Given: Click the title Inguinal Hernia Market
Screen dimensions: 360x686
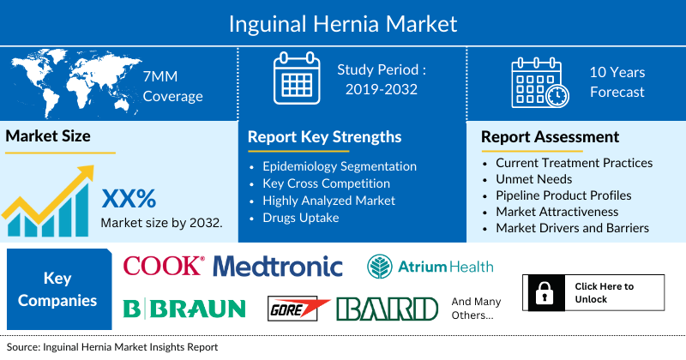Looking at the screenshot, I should tap(343, 22).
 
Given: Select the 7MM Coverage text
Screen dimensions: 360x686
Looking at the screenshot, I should tap(172, 86).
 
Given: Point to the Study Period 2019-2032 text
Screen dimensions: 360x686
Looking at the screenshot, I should tap(382, 79).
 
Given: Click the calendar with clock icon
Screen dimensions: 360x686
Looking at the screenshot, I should tap(539, 82).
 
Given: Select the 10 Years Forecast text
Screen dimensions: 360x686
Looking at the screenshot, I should tap(617, 82).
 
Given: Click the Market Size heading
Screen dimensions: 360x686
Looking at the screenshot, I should tap(48, 136).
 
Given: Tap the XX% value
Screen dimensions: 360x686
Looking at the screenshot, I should tap(129, 199).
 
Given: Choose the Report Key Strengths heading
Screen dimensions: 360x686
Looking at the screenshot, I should tap(324, 137).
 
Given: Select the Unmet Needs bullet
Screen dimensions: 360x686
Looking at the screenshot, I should tap(533, 178).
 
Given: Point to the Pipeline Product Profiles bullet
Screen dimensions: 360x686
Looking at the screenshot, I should tap(563, 195).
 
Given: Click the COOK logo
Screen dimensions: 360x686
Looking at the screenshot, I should tap(163, 266).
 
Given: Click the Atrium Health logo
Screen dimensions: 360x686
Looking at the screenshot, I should tap(430, 267).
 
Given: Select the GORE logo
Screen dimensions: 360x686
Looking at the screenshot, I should tap(299, 309).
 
